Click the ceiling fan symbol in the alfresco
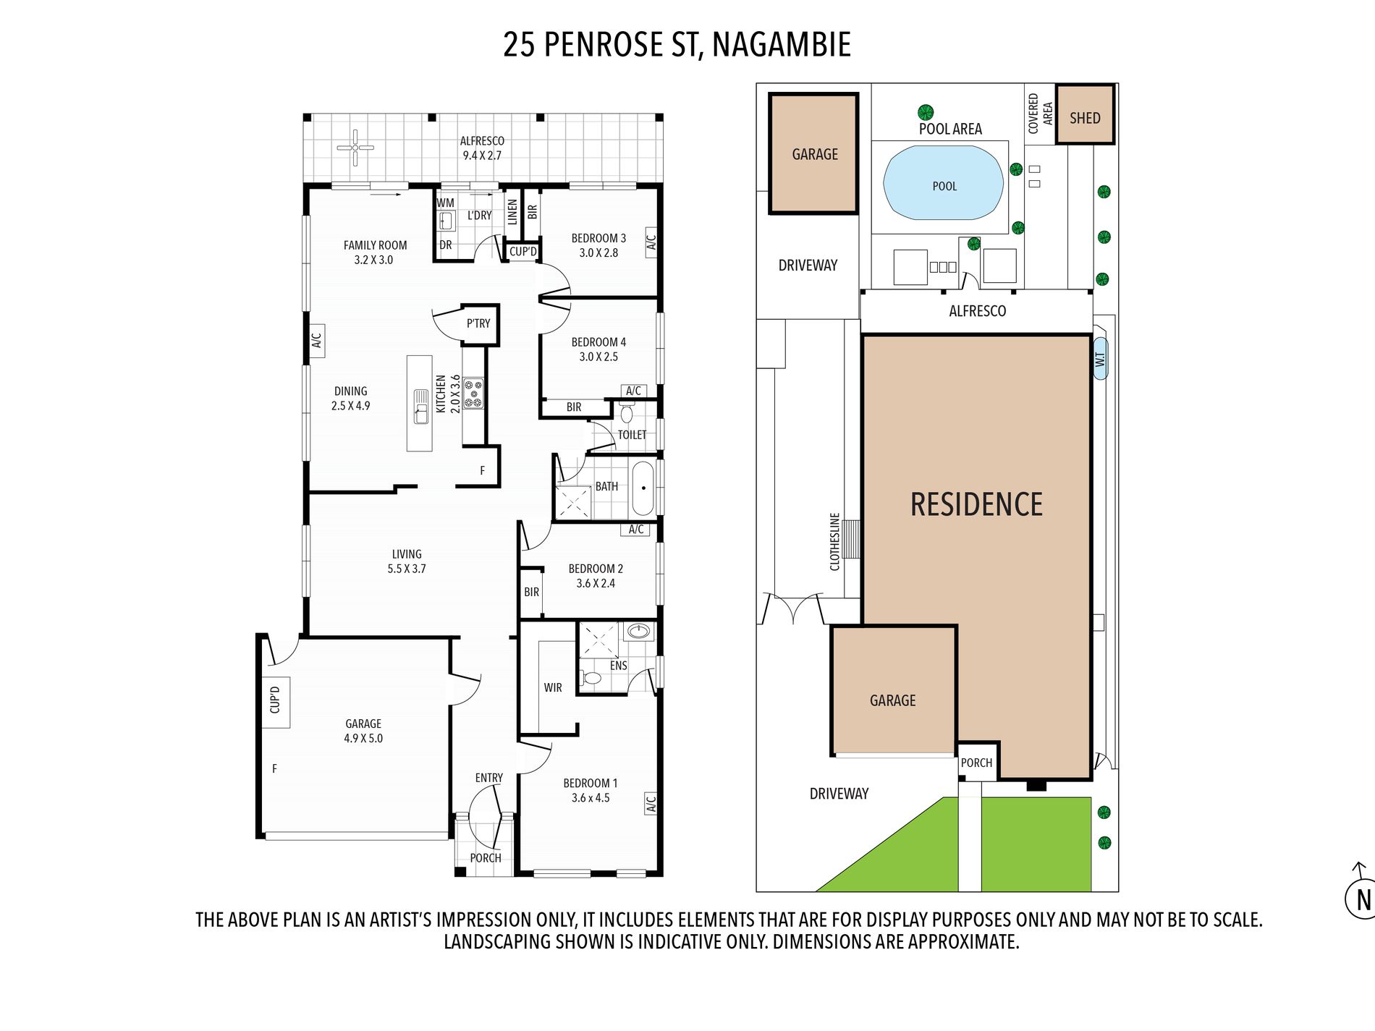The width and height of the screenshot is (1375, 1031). [x=355, y=148]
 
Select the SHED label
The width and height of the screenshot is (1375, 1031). [x=1085, y=118]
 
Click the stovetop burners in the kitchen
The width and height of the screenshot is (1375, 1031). [x=473, y=393]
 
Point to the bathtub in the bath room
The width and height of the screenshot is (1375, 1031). [x=643, y=487]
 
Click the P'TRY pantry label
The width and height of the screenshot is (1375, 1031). [x=478, y=323]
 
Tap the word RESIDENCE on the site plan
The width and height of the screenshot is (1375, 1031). [x=976, y=504]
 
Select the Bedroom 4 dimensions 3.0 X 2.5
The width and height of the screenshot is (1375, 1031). [x=598, y=357]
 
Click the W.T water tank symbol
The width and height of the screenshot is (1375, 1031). [x=1100, y=359]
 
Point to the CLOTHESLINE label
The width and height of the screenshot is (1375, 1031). [x=834, y=542]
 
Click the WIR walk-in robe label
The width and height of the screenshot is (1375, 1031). [x=553, y=687]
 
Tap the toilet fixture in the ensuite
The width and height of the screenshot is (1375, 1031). [x=592, y=678]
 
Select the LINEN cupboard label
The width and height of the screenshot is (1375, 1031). [x=512, y=212]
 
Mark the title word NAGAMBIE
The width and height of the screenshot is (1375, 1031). [x=782, y=44]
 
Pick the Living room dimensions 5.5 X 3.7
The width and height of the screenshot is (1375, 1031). [x=407, y=569]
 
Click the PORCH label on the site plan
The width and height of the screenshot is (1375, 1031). [x=976, y=763]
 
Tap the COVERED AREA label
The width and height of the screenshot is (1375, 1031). [x=1040, y=114]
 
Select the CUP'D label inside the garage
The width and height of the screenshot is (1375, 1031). [x=275, y=700]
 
